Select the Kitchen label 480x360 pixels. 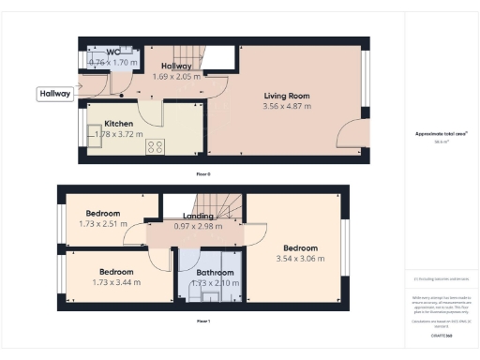[x=119, y=123]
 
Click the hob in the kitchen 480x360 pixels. [x=154, y=146]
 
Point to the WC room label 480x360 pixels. [x=112, y=52]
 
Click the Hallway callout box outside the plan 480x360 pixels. [x=55, y=94]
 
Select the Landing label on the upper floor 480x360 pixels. [x=198, y=217]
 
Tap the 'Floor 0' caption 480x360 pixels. [x=202, y=174]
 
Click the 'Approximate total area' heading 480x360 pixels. [x=441, y=133]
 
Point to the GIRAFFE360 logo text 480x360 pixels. [x=441, y=335]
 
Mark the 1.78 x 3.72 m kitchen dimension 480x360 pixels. [x=119, y=134]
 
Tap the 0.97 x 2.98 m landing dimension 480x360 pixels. [x=198, y=226]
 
